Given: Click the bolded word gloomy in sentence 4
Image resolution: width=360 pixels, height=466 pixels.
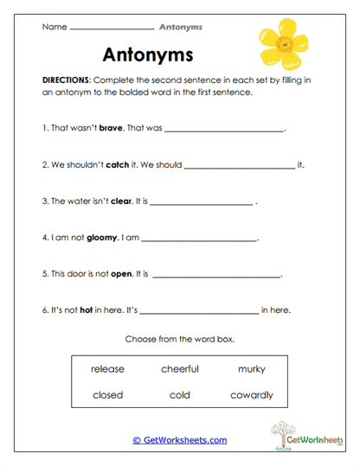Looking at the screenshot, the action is [101, 237].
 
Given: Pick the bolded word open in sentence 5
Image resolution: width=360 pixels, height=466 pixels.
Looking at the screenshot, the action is [121, 274].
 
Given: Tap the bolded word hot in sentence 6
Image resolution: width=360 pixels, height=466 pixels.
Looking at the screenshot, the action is [86, 310].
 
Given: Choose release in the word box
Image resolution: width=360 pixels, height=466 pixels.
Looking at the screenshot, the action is [107, 369].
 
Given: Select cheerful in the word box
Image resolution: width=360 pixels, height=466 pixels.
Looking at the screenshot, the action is [179, 369].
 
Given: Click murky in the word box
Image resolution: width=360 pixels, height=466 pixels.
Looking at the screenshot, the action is [251, 369].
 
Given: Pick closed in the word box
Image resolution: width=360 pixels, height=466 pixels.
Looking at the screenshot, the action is [107, 395].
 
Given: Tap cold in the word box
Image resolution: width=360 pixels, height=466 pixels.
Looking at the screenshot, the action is [179, 395].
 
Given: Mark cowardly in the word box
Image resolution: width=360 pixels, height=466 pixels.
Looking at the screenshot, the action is [251, 395].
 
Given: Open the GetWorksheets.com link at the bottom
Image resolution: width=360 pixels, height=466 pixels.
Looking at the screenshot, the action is [179, 440].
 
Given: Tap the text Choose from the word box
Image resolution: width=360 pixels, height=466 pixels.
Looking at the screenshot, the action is [179, 339].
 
